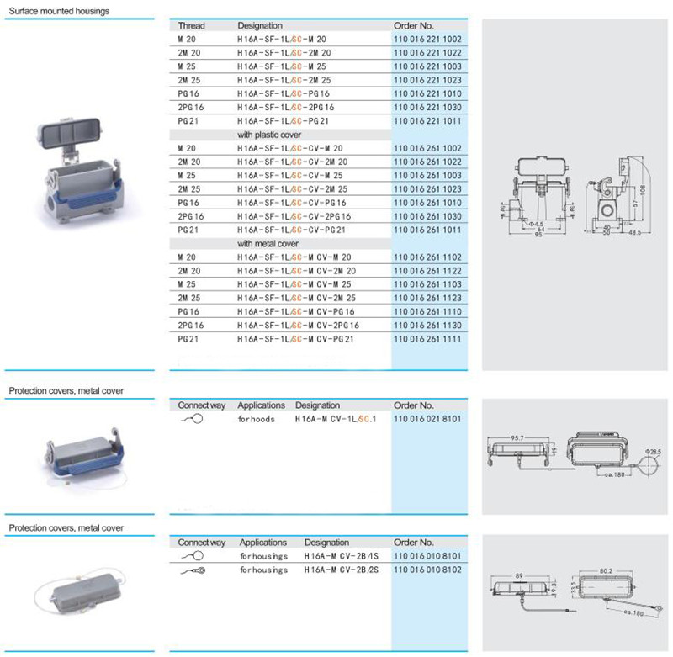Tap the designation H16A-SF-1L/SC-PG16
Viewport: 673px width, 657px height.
point(283,93)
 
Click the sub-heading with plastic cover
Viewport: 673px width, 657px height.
point(269,135)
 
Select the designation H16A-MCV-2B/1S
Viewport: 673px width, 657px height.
point(340,556)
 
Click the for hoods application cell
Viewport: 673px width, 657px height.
point(257,418)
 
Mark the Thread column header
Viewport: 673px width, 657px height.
point(191,26)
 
